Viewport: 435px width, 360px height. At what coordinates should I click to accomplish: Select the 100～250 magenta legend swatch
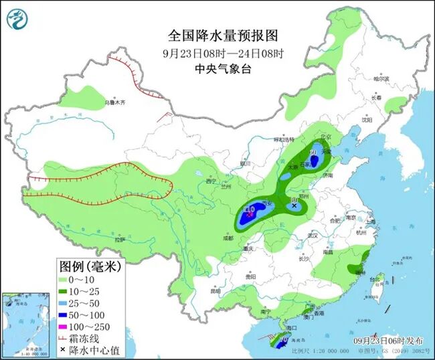click(x=66, y=326)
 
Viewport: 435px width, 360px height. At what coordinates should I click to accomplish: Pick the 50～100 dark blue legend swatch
click(x=66, y=314)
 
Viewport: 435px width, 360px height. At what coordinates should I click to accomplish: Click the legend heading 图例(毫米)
click(x=87, y=266)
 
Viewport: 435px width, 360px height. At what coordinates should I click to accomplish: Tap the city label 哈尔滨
click(x=381, y=78)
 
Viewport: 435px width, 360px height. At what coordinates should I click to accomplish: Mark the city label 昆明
click(x=215, y=291)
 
